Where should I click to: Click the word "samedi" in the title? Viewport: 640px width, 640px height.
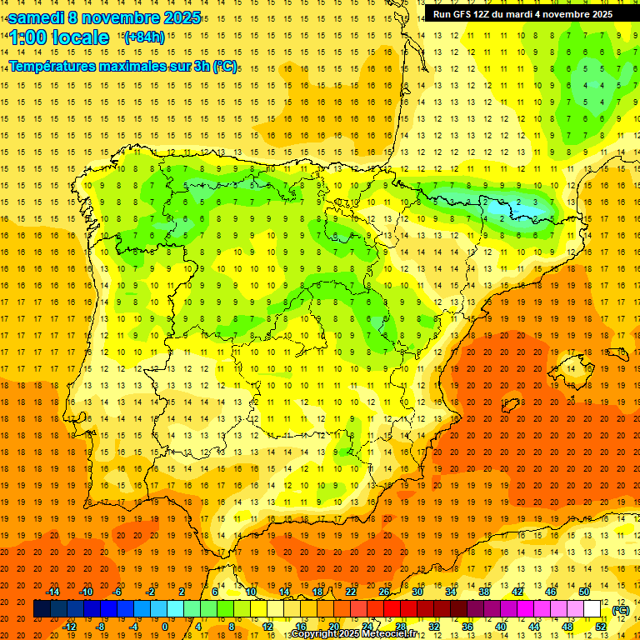[35, 17]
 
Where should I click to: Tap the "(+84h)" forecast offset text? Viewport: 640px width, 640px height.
[143, 37]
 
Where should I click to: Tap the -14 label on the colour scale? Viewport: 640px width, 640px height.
[52, 592]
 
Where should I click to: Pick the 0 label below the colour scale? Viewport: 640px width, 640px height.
[165, 627]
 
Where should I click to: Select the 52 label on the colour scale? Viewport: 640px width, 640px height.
[601, 627]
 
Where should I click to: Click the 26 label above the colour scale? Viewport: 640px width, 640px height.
[384, 592]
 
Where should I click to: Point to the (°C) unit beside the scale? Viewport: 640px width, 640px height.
[620, 610]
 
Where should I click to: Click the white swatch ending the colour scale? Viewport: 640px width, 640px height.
[592, 609]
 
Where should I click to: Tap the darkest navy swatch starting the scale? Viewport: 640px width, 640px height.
[42, 609]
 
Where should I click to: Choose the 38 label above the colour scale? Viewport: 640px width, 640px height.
[484, 592]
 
